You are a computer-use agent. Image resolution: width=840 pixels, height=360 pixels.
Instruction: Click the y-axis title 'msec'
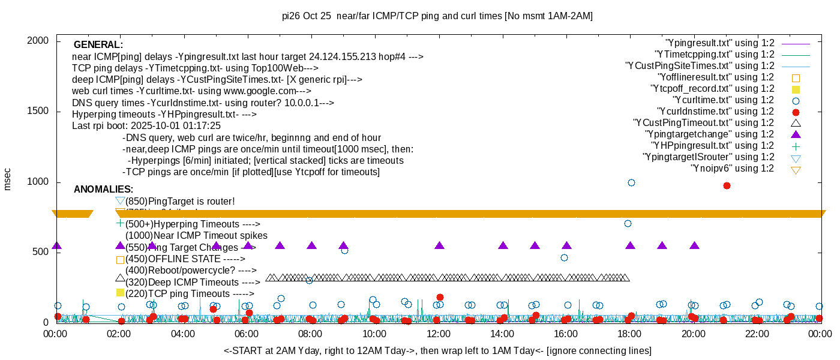(7, 179)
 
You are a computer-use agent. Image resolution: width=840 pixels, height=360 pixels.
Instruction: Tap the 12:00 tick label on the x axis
(438, 334)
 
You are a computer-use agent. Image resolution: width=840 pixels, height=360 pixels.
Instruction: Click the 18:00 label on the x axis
(629, 334)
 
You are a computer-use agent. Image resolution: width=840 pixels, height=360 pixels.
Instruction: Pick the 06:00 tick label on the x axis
(247, 334)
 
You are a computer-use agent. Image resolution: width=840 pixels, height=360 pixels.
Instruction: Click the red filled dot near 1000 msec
(727, 185)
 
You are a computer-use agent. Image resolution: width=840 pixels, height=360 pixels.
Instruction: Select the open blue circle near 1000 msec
(631, 182)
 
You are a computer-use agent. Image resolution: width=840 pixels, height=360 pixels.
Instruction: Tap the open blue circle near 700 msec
(628, 223)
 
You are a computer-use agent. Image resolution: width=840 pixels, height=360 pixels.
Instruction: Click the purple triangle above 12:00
(439, 245)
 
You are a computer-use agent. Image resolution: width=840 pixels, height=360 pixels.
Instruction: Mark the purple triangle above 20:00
(694, 245)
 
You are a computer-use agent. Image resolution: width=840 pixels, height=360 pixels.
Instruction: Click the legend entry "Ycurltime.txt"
(724, 100)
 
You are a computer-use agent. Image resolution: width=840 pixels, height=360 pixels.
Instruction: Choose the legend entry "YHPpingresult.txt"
(713, 146)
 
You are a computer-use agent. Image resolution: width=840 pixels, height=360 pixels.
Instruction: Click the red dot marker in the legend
(796, 112)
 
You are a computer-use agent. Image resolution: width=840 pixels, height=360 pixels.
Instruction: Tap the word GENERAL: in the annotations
(98, 45)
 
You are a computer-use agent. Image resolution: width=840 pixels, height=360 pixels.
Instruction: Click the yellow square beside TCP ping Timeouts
(120, 292)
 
